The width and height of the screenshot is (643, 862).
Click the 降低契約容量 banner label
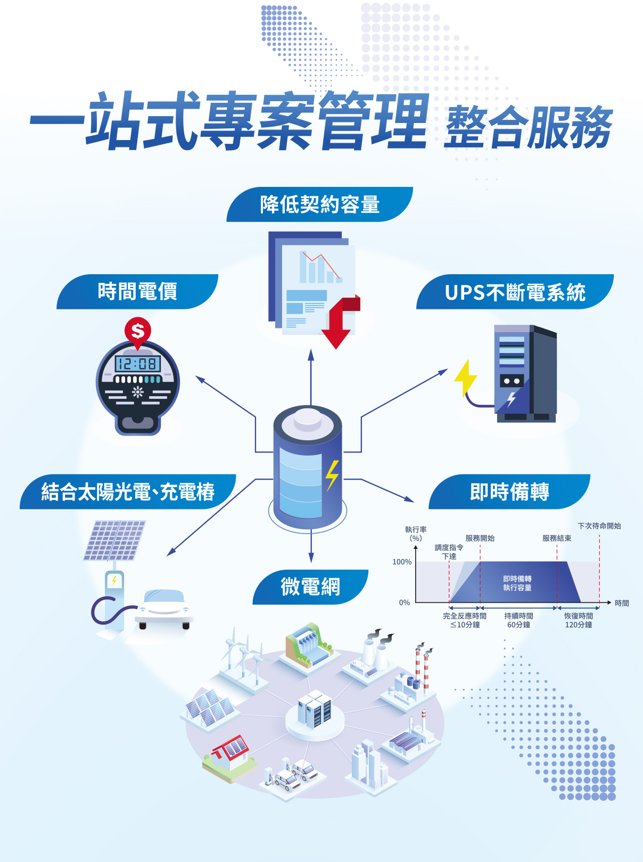(319, 204)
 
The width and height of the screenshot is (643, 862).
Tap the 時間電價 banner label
(137, 292)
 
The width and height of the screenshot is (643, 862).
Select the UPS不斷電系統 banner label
(515, 292)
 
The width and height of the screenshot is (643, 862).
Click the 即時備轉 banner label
(509, 492)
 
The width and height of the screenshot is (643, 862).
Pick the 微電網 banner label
(310, 587)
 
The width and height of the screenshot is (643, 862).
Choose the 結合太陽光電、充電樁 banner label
(128, 492)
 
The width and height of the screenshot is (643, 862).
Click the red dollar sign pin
(138, 331)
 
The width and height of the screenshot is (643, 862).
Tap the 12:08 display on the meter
(137, 364)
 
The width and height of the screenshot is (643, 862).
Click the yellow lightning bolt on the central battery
(332, 474)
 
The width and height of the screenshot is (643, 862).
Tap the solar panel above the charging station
(114, 540)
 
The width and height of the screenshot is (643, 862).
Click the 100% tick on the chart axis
(402, 562)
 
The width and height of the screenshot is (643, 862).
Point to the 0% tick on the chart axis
(405, 603)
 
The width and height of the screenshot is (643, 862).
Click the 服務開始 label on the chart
(480, 538)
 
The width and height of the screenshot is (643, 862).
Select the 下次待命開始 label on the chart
(599, 526)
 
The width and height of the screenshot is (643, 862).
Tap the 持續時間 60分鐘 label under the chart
(518, 620)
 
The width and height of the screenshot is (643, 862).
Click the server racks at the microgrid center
(315, 709)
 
